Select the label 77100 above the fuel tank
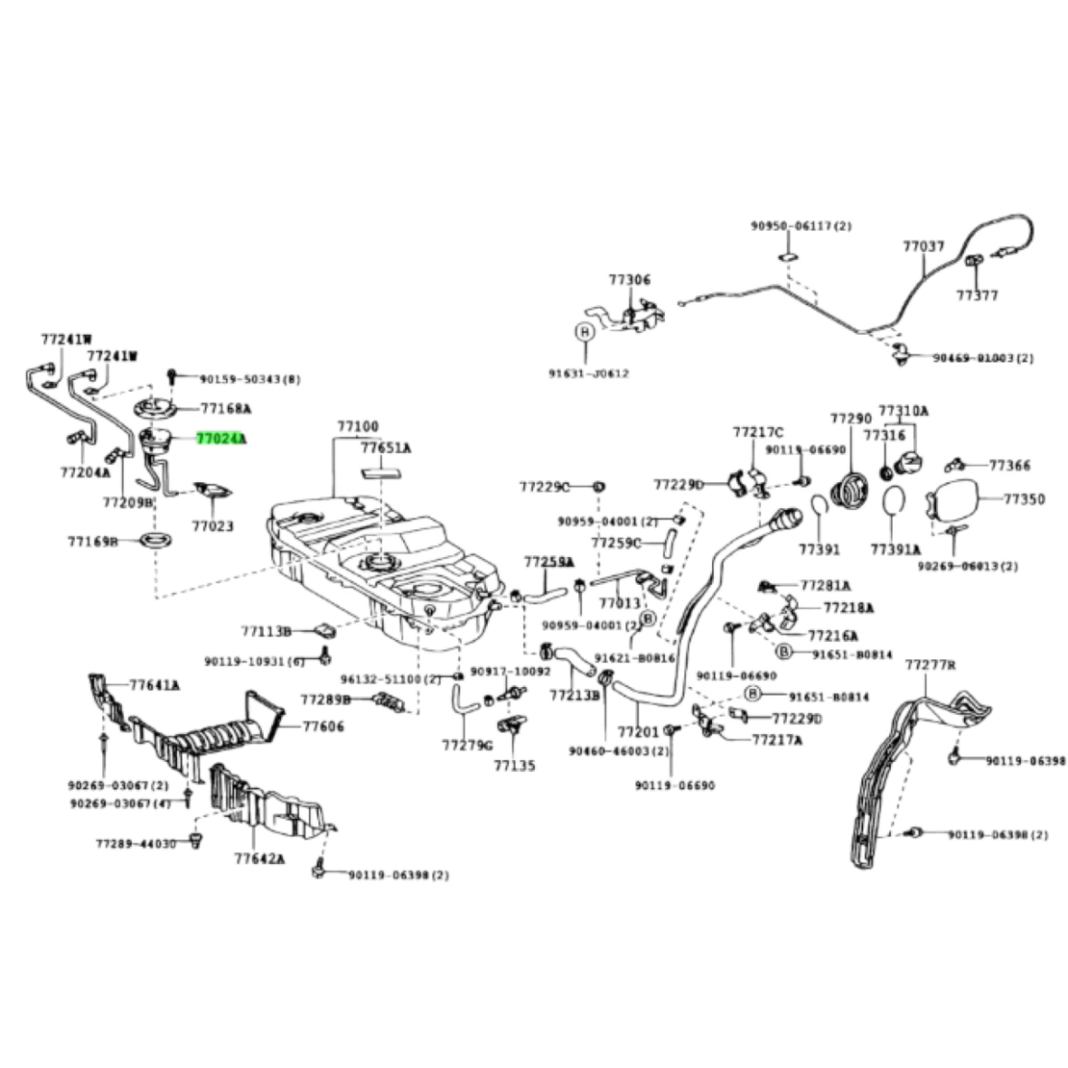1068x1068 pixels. tap(357, 426)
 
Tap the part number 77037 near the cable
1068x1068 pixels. tap(923, 246)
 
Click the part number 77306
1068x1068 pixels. tap(629, 280)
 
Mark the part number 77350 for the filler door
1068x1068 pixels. tap(1025, 499)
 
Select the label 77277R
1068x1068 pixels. tap(930, 665)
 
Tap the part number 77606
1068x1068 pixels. tap(323, 726)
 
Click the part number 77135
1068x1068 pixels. tap(515, 766)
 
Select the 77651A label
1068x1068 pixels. tap(386, 447)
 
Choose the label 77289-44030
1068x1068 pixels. tap(136, 843)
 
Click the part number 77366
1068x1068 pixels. tap(1009, 466)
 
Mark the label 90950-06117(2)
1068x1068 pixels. tap(801, 225)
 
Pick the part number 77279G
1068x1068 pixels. tap(467, 745)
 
